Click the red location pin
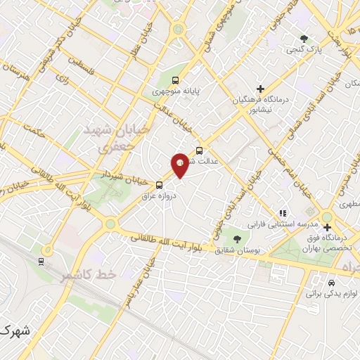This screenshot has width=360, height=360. tap(180, 164)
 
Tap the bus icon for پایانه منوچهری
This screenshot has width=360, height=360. tap(175, 80)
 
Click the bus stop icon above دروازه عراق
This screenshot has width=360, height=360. tap(159, 185)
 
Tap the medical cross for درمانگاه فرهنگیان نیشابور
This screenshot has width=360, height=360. tap(261, 89)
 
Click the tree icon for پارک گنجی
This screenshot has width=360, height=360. tap(304, 39)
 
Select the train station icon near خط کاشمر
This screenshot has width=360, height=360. tap(42, 262)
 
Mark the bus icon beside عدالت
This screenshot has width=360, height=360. tap(200, 150)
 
